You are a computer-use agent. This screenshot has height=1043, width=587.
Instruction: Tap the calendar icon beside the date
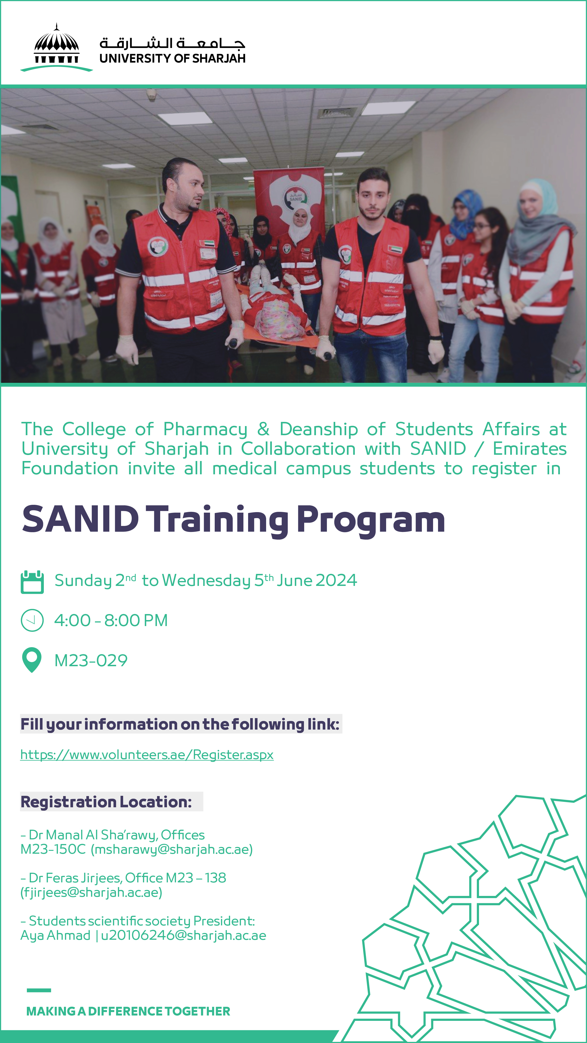pyautogui.click(x=32, y=582)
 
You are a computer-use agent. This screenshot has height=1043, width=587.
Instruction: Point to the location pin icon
pyautogui.click(x=32, y=660)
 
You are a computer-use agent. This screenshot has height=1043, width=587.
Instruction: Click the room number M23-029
pyautogui.click(x=91, y=660)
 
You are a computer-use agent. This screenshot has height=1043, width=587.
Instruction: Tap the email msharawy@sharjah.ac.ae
pyautogui.click(x=171, y=849)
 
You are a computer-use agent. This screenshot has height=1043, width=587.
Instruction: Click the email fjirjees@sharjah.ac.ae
pyautogui.click(x=91, y=892)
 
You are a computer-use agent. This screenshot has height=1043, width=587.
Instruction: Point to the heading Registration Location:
pyautogui.click(x=106, y=802)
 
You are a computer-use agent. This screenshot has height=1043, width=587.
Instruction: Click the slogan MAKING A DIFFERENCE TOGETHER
pyautogui.click(x=128, y=1011)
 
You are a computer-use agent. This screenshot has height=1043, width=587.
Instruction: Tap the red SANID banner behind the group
pyautogui.click(x=289, y=198)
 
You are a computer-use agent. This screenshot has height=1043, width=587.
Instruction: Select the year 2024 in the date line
pyautogui.click(x=336, y=580)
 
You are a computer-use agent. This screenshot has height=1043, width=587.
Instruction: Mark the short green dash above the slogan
pyautogui.click(x=39, y=990)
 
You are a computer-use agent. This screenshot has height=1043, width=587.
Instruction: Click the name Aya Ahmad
pyautogui.click(x=56, y=936)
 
